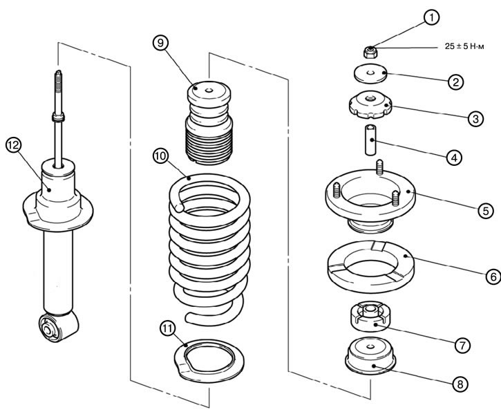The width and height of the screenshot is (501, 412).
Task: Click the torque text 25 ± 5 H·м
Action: pyautogui.click(x=467, y=47)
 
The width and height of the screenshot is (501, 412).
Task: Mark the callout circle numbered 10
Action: pyautogui.click(x=160, y=156)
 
